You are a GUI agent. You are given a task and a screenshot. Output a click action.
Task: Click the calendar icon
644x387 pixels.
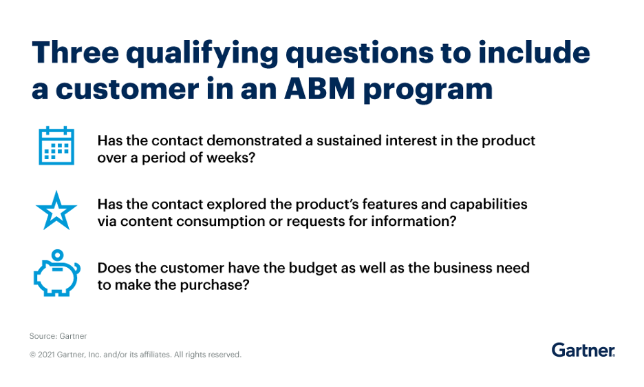(56, 145)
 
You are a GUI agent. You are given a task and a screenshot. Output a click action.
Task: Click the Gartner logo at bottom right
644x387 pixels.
(583, 350)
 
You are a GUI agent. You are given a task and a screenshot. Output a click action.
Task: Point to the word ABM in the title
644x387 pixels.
(319, 88)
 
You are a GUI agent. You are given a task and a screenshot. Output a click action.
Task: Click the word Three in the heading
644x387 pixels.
(75, 52)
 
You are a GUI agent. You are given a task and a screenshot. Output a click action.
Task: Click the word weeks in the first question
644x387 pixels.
(235, 158)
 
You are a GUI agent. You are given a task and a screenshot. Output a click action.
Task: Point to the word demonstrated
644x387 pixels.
(254, 140)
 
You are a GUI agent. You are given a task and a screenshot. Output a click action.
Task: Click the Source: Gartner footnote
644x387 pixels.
(58, 336)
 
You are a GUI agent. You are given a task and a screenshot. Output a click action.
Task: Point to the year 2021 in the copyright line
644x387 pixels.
(46, 355)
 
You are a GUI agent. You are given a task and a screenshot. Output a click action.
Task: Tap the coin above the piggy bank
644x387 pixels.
(58, 255)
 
